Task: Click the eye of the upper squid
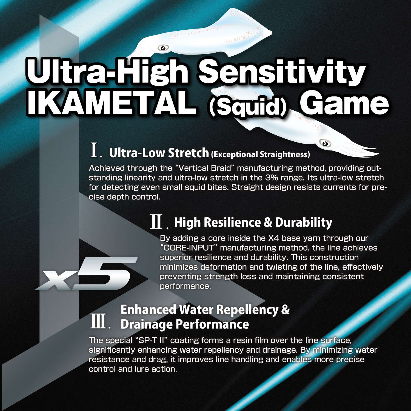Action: pyautogui.click(x=163, y=48)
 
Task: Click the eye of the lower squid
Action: pyautogui.click(x=325, y=143)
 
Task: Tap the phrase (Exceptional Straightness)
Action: pyautogui.click(x=261, y=155)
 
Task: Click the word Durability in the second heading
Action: pyautogui.click(x=304, y=222)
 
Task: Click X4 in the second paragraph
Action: pyautogui.click(x=274, y=238)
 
